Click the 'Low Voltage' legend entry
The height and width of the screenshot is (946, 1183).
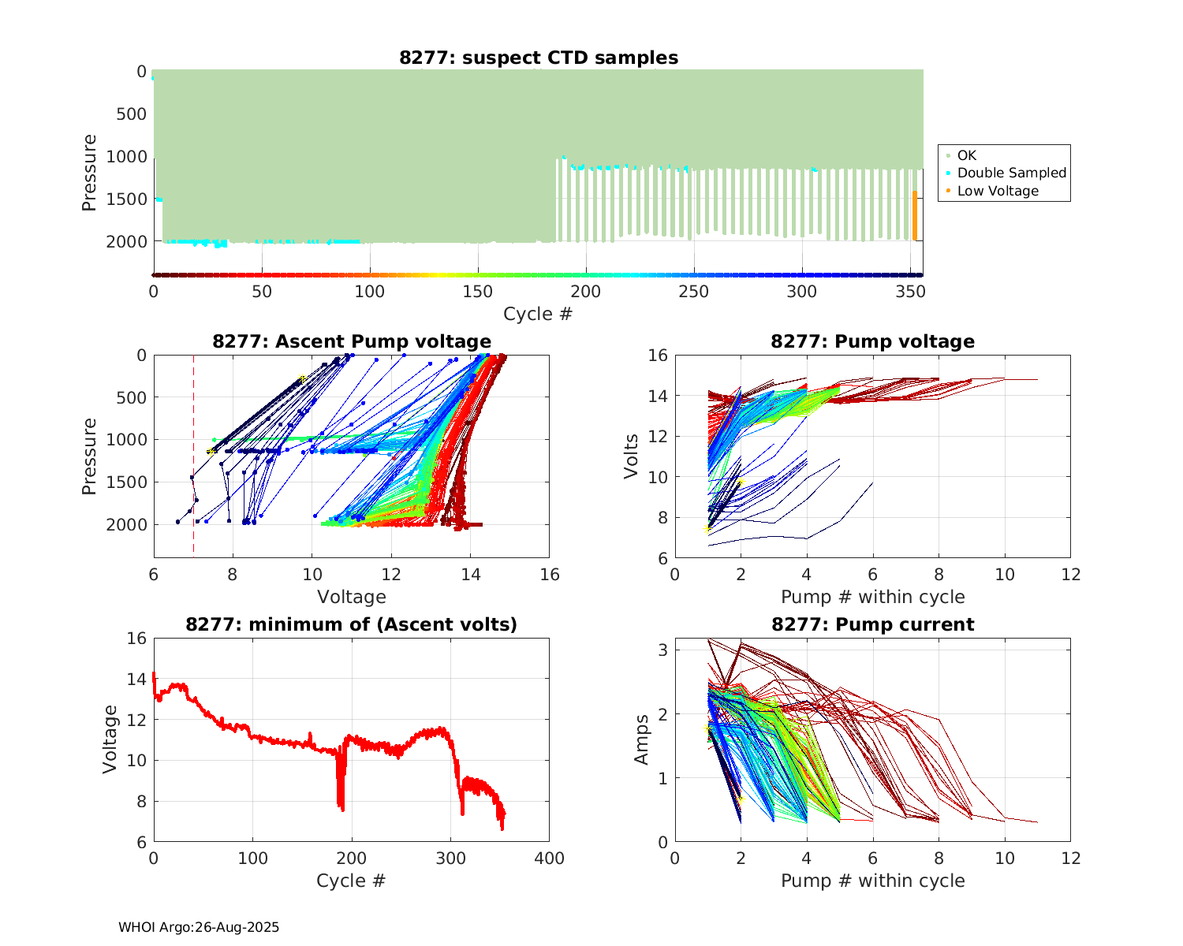pyautogui.click(x=998, y=191)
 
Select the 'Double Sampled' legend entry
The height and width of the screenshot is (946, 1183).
pyautogui.click(x=1011, y=173)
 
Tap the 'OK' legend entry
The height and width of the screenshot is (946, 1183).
pyautogui.click(x=967, y=155)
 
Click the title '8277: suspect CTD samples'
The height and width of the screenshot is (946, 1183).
pyautogui.click(x=539, y=58)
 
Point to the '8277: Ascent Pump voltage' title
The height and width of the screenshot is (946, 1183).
pyautogui.click(x=352, y=341)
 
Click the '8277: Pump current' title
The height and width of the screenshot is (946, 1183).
pyautogui.click(x=872, y=624)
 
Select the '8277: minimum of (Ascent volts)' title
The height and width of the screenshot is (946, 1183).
pyautogui.click(x=352, y=624)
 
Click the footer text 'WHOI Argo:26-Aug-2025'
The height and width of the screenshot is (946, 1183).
pyautogui.click(x=199, y=928)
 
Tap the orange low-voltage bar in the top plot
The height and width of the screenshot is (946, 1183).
pyautogui.click(x=915, y=215)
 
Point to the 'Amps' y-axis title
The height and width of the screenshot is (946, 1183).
pyautogui.click(x=642, y=739)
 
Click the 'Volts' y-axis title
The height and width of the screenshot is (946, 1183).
pyautogui.click(x=631, y=456)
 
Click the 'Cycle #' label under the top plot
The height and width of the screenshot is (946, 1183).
pyautogui.click(x=538, y=314)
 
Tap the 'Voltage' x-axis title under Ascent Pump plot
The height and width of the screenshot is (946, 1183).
pyautogui.click(x=352, y=597)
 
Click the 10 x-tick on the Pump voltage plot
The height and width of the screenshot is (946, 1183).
pyautogui.click(x=1005, y=575)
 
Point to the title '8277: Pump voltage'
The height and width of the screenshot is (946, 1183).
pyautogui.click(x=872, y=341)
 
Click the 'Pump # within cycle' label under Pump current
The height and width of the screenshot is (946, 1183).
pyautogui.click(x=872, y=881)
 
